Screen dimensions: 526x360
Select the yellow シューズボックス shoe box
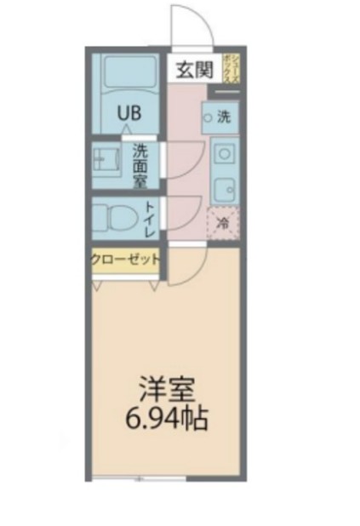coord(231,68)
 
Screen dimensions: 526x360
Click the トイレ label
coord(149,219)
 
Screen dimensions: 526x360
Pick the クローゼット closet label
coord(125,260)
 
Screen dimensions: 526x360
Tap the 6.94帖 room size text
coord(168,419)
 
